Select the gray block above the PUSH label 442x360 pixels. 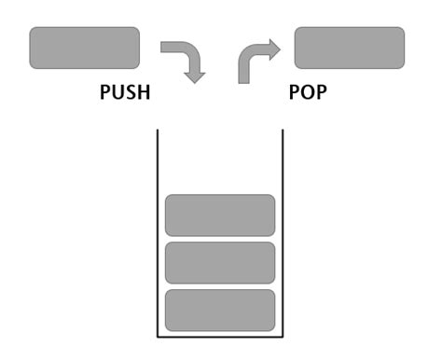click(85, 48)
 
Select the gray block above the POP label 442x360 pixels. click(350, 48)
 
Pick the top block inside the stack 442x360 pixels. click(220, 215)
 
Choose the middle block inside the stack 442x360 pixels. click(220, 263)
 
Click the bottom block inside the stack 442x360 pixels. click(220, 310)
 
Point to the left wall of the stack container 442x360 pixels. click(156, 233)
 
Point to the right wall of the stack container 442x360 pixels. click(284, 233)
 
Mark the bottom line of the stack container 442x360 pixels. click(220, 338)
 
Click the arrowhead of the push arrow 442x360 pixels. click(194, 75)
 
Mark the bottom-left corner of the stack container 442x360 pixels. click(156, 338)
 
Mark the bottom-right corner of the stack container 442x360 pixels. click(284, 338)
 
